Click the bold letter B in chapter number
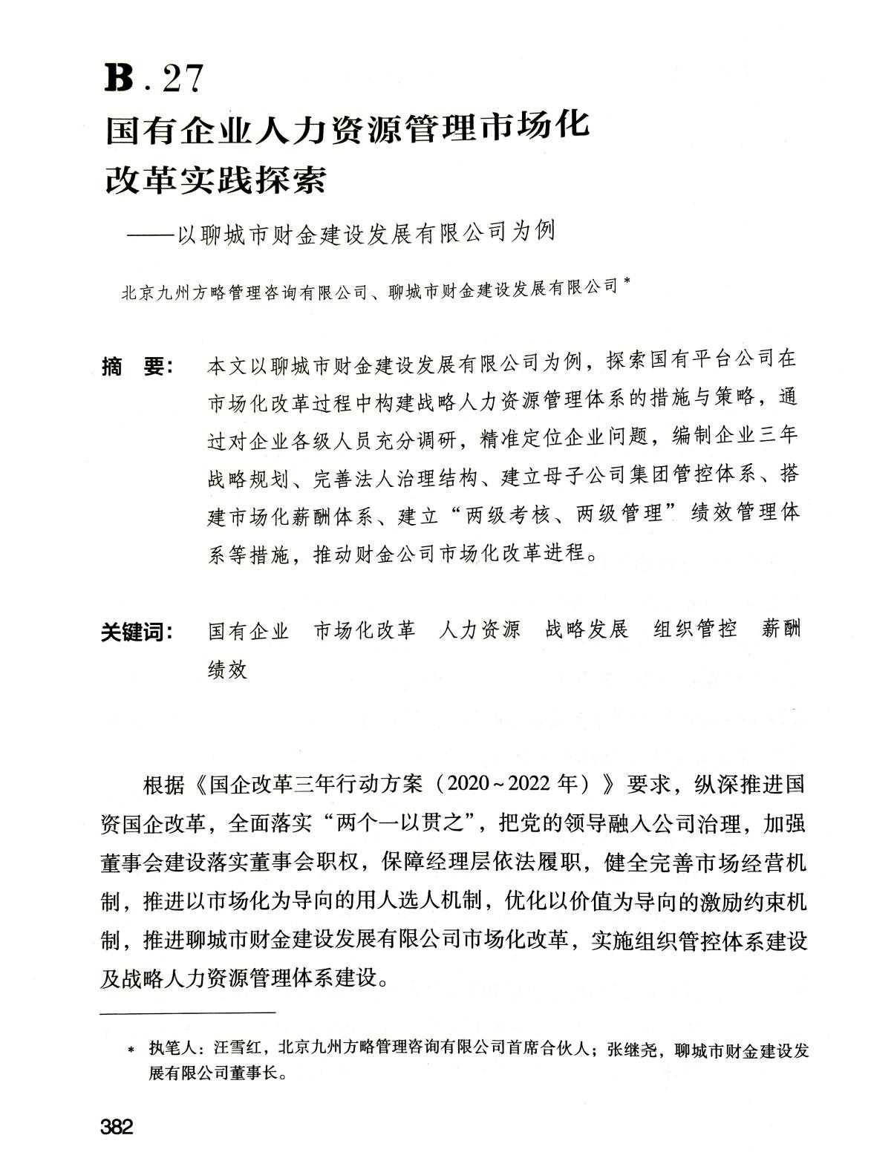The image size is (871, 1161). [x=119, y=77]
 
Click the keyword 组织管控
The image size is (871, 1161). [x=695, y=629]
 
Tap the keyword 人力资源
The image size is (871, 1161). [x=479, y=630]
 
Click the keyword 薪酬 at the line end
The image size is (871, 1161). [x=782, y=629]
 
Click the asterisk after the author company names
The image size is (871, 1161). [x=627, y=281]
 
